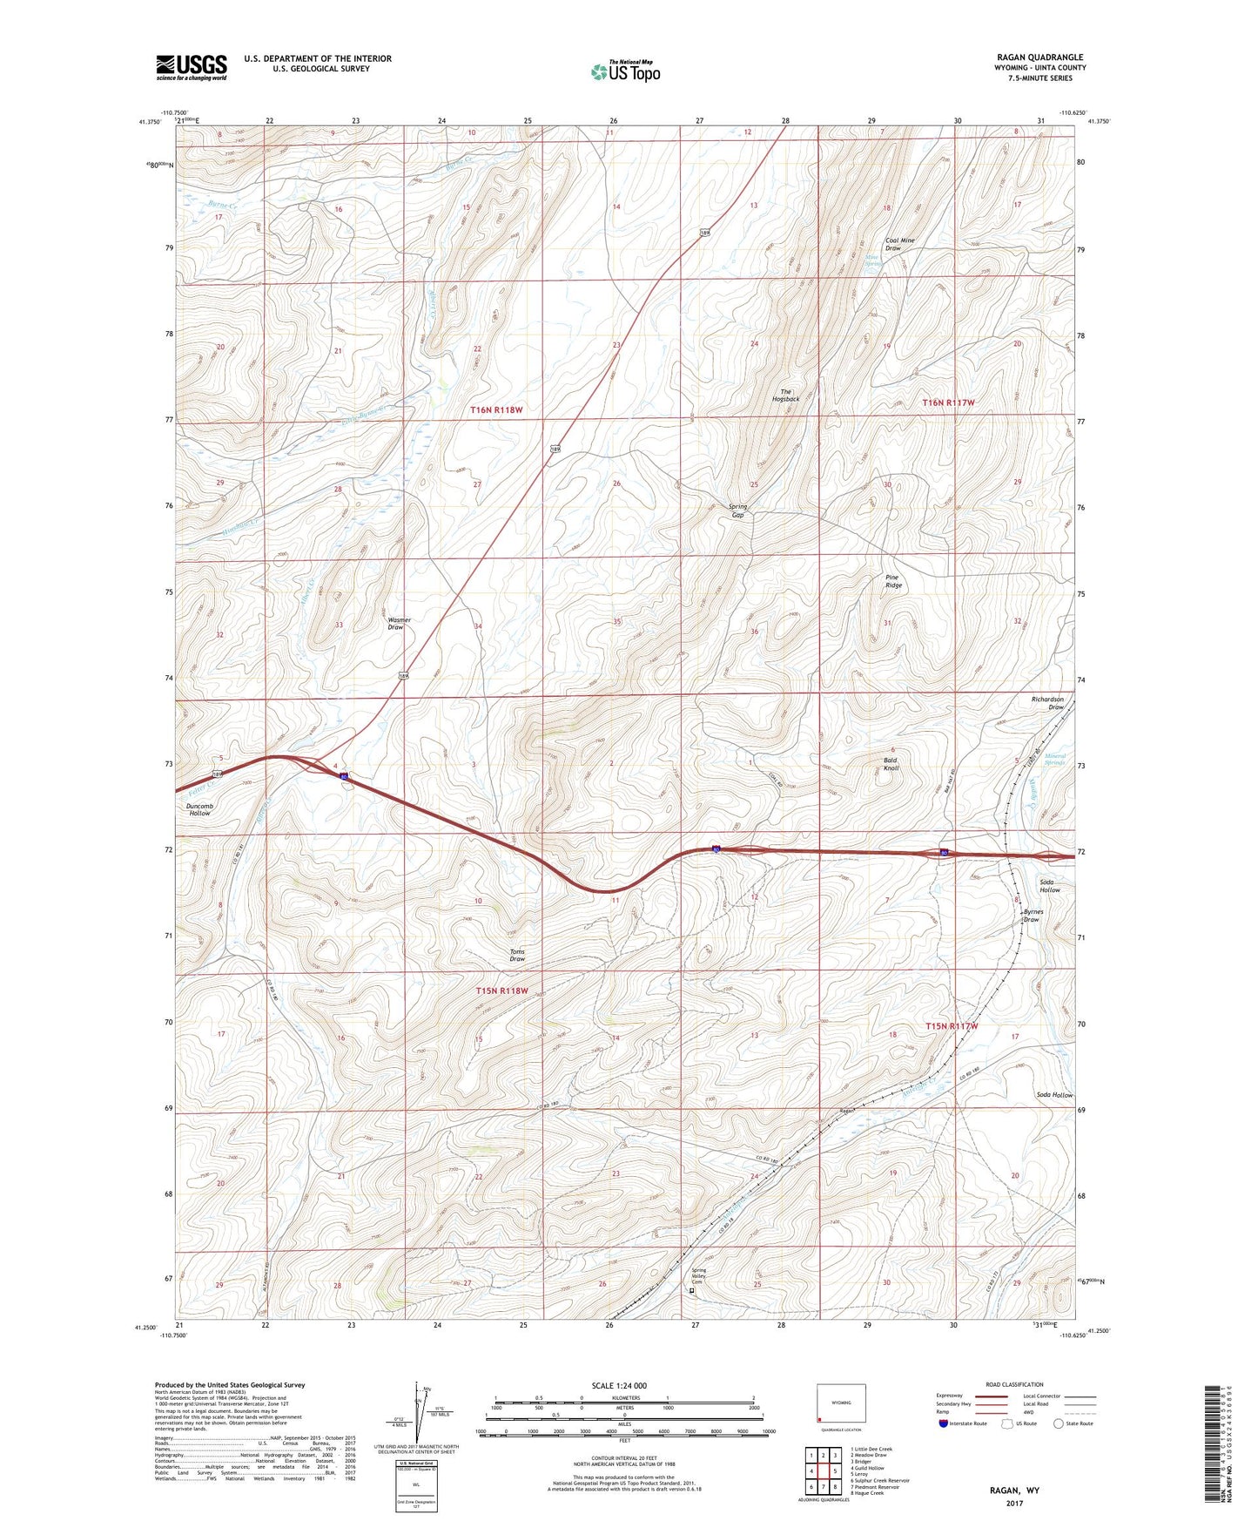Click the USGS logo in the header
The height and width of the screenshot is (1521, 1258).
coord(192,67)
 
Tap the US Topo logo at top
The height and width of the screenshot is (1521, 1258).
coord(625,71)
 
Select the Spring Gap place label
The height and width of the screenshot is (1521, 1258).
coord(737,510)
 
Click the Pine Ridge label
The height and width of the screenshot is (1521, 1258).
coord(893,581)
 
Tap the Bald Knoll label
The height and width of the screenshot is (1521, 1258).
coord(891,764)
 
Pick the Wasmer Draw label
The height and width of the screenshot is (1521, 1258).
coord(399,624)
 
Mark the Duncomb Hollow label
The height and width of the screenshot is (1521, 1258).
coord(199,809)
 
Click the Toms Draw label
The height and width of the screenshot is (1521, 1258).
coord(517,956)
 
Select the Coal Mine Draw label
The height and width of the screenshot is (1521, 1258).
coord(899,244)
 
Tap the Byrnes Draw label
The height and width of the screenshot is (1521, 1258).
coord(1033,916)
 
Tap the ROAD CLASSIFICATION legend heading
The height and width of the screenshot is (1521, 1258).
coord(1015,1384)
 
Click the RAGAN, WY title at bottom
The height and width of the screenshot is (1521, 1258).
coord(1014,1491)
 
